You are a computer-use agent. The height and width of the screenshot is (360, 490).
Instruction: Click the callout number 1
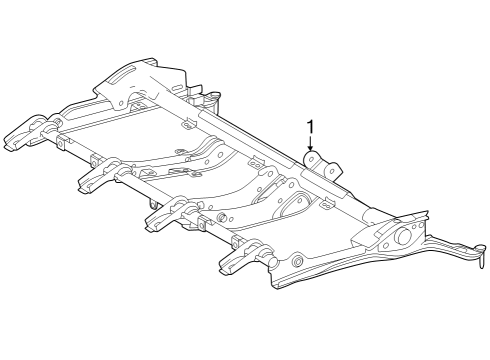(x=311, y=127)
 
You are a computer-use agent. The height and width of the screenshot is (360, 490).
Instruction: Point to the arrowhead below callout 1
(x=311, y=150)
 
